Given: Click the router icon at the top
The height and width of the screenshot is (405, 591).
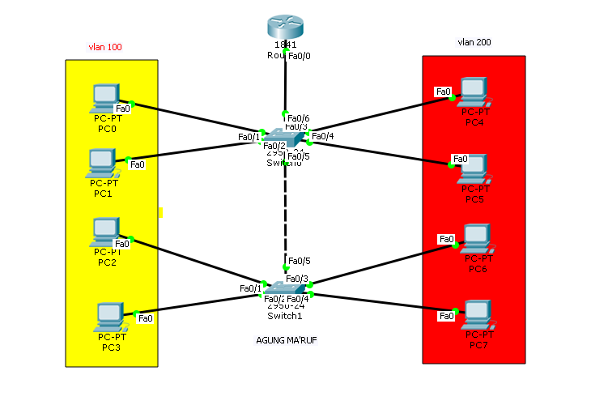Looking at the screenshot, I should point(285,27).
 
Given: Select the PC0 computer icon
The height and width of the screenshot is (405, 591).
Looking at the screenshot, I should point(105,97).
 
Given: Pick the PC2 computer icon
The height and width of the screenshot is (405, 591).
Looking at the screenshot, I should point(106,232).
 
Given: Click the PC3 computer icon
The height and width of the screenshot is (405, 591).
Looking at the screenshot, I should point(109,315).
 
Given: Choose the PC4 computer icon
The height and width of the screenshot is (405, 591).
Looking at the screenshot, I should point(473,91).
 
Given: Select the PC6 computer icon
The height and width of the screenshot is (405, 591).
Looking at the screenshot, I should point(477,237).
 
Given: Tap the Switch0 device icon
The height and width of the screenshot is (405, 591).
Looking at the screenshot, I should point(285,139).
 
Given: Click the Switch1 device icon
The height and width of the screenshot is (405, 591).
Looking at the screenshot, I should point(285,288).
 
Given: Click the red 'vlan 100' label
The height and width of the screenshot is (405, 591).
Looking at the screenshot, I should point(105,47).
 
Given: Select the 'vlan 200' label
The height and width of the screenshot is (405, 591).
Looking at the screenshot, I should point(474,42).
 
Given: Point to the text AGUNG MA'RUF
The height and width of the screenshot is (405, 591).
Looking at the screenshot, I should point(281,340).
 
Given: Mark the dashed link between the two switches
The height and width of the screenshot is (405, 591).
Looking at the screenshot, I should point(285,211).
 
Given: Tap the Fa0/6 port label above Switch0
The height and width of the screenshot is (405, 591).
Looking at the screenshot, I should point(299,117).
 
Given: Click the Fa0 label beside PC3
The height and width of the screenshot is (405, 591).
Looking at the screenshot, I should point(146,318).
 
